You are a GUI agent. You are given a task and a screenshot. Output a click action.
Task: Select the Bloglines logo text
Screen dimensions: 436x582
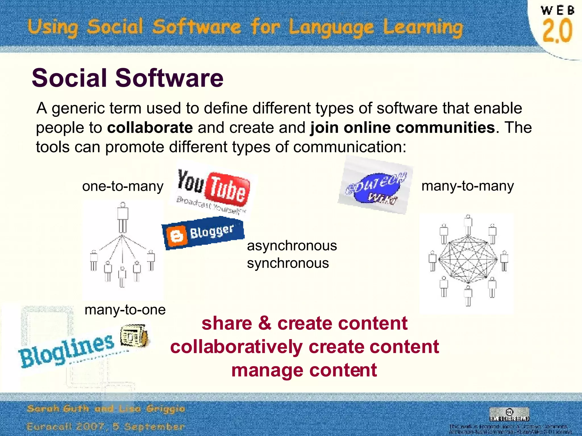(67, 351)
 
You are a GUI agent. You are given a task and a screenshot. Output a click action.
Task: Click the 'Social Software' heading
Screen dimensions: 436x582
(128, 78)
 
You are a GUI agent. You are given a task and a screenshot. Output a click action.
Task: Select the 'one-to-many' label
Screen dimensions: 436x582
(123, 186)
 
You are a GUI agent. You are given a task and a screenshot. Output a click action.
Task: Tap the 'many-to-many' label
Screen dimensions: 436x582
(467, 186)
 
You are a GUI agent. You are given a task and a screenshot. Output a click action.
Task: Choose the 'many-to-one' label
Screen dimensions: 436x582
(125, 310)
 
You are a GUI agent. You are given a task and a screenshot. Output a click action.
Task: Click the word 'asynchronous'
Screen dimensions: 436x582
(292, 246)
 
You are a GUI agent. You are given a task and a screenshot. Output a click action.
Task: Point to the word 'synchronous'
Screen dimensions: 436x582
(288, 263)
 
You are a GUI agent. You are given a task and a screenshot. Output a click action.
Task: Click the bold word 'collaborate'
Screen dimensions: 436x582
(150, 127)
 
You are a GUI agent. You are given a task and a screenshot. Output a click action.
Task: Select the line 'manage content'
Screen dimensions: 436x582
(304, 370)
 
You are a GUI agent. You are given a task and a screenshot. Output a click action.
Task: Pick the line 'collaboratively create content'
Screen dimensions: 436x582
(305, 347)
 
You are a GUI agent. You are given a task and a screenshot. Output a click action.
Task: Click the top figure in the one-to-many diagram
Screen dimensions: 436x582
(123, 217)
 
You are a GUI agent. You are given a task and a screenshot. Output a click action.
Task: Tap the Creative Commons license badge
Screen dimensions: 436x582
(509, 414)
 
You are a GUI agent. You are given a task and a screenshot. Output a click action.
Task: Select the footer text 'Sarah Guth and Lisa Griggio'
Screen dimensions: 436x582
(106, 409)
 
